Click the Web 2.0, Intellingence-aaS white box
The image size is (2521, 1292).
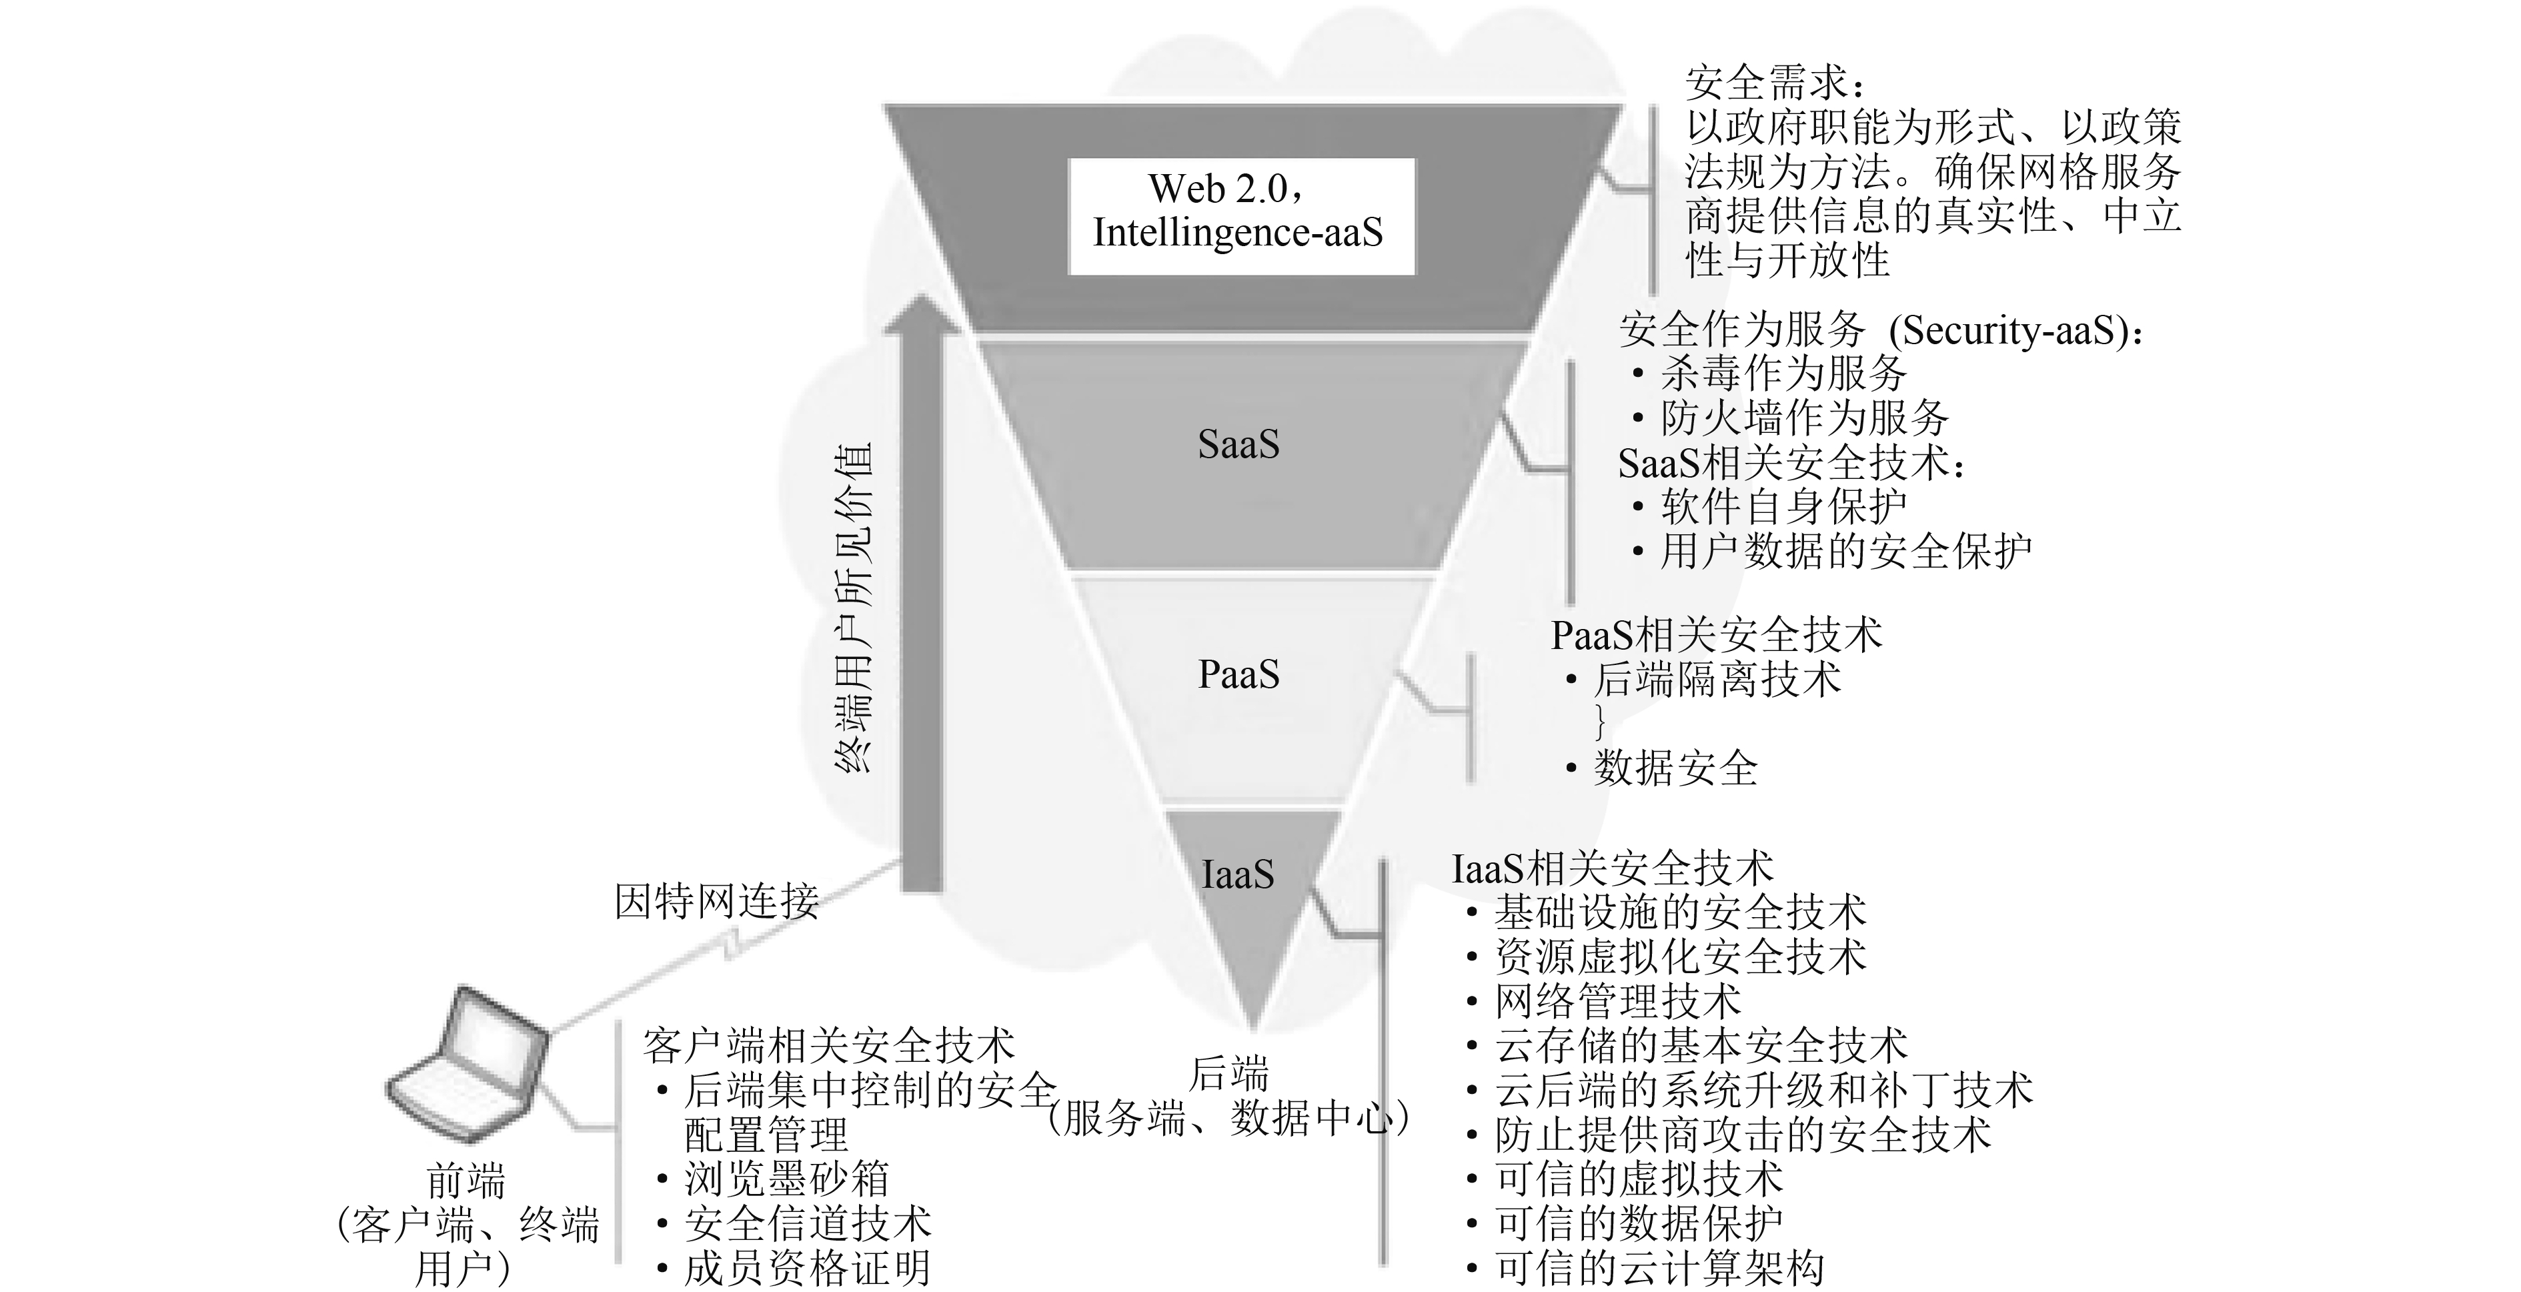[1240, 214]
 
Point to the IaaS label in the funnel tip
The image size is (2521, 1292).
[1237, 874]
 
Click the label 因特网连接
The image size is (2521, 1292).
[716, 900]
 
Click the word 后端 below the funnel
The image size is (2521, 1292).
[1229, 1074]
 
